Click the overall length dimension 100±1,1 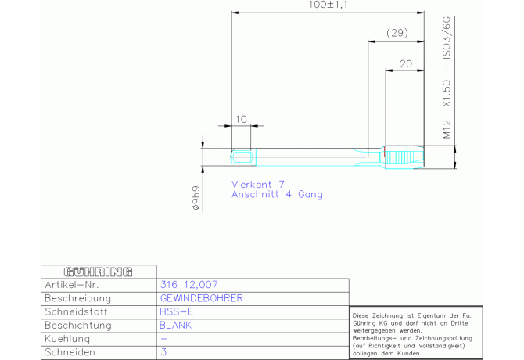(x=328, y=5)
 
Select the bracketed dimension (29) (x=397, y=33)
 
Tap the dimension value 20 (x=406, y=64)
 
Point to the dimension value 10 (x=241, y=119)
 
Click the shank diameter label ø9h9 (x=196, y=198)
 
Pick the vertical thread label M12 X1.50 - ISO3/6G (x=447, y=77)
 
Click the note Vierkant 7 (x=258, y=184)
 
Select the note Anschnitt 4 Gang (x=277, y=195)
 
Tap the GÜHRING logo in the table (x=99, y=272)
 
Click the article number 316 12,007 (x=188, y=285)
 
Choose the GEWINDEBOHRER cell (x=202, y=298)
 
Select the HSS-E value (x=177, y=311)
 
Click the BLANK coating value (x=175, y=326)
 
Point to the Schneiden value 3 (x=163, y=352)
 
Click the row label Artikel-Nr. (x=71, y=285)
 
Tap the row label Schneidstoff (x=76, y=311)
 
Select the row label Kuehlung (x=67, y=339)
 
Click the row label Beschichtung (x=78, y=326)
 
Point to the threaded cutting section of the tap (x=404, y=157)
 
